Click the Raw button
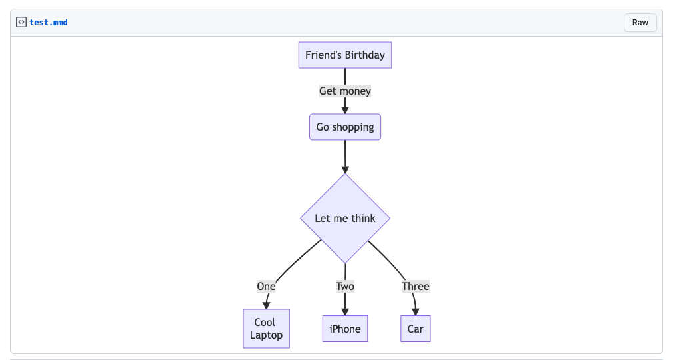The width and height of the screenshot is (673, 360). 640,23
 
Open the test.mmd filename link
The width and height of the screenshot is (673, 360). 48,23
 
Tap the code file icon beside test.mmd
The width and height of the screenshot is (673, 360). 21,23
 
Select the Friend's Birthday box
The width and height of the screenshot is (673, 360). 344,55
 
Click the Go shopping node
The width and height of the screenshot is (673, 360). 344,127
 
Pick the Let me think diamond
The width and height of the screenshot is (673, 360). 344,219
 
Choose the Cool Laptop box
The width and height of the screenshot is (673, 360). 266,329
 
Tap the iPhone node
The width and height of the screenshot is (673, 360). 344,329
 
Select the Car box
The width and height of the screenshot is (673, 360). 415,329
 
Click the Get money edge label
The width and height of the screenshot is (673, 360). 344,91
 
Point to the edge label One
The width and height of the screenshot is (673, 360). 266,287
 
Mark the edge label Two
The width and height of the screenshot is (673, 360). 344,287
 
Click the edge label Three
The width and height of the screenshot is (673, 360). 415,287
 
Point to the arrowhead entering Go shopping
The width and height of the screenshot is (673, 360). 344,110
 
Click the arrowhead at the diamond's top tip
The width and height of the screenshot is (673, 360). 344,170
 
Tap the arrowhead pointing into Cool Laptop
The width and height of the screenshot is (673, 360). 266,305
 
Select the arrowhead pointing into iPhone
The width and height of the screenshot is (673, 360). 344,311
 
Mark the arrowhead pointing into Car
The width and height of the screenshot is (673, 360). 415,311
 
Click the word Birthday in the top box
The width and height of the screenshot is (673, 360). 364,55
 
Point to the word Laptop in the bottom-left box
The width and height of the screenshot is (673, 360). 266,335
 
